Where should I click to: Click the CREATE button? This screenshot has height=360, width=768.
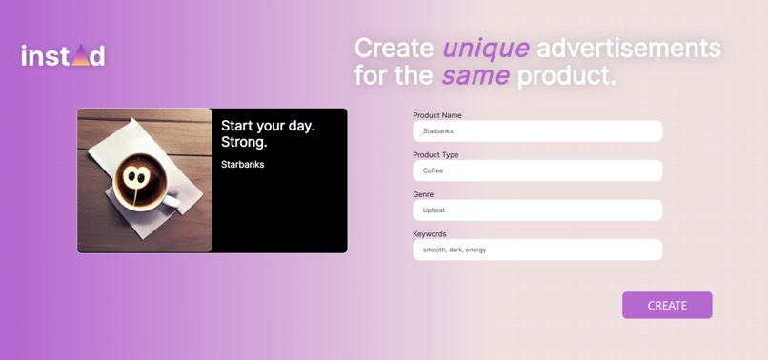[667, 305]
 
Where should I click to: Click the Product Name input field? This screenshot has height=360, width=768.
[537, 130]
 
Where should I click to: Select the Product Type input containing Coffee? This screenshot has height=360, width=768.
[537, 170]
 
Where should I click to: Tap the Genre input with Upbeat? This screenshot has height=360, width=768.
[537, 210]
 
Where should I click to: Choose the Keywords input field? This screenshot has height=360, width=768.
[537, 250]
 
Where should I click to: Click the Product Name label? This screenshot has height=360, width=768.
[437, 115]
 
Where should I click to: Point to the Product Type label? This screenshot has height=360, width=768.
[435, 155]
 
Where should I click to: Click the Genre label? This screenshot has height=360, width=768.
[423, 194]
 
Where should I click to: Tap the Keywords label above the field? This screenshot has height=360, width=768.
[430, 234]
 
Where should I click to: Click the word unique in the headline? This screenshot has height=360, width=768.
[485, 48]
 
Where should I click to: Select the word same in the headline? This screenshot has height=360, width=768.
[475, 75]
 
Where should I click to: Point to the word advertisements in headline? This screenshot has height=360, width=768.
[628, 48]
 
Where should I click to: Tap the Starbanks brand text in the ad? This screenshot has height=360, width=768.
[242, 165]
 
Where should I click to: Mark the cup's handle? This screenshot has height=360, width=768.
[172, 200]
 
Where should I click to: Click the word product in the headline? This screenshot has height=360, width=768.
[566, 75]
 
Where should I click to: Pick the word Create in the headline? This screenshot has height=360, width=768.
[394, 48]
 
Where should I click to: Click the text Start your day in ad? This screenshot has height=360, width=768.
[268, 126]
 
